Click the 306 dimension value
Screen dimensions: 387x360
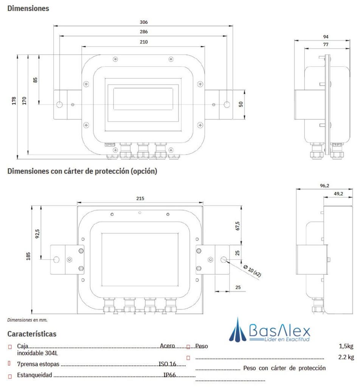143,22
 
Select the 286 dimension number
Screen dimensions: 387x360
143,32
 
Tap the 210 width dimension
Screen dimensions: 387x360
143,42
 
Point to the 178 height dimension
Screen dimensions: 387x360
14,101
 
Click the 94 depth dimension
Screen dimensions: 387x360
326,37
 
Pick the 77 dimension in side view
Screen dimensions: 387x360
326,45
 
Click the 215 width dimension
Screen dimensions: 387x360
140,198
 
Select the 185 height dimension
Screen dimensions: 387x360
28,256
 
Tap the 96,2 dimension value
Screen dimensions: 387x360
324,186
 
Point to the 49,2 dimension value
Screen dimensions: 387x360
338,193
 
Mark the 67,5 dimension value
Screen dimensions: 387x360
237,226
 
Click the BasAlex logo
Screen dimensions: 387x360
270,331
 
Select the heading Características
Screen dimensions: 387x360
32,334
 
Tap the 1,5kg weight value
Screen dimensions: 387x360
346,346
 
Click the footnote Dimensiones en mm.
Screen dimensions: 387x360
27,320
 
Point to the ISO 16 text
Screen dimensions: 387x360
167,364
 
